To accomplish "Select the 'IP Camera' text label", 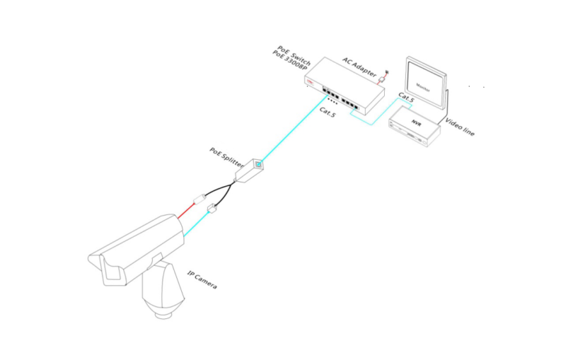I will tap(202, 279).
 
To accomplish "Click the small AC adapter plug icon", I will tap(384, 75).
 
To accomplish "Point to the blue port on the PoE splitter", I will tap(260, 165).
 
